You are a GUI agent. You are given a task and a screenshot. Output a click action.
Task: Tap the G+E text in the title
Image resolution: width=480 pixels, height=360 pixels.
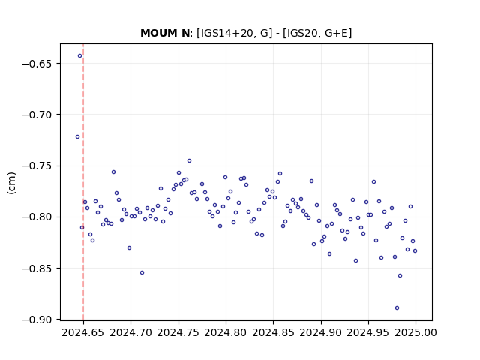pyautogui.click(x=337, y=33)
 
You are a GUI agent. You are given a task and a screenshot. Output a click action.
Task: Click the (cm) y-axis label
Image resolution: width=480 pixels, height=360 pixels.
pyautogui.click(x=12, y=183)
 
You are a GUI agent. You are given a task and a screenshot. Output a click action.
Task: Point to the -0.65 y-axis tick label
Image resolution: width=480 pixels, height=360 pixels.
pyautogui.click(x=39, y=64)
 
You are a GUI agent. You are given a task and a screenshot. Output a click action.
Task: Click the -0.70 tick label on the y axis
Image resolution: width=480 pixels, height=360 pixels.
pyautogui.click(x=39, y=115)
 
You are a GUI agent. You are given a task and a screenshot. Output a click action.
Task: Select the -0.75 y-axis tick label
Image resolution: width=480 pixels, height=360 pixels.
pyautogui.click(x=39, y=166)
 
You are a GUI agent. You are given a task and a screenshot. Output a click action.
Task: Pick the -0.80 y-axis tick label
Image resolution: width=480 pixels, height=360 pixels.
pyautogui.click(x=39, y=217)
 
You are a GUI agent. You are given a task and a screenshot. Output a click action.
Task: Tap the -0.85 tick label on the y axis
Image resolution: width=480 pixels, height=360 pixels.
pyautogui.click(x=39, y=268)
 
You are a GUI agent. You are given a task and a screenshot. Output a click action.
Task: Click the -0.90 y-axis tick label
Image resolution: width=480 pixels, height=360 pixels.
pyautogui.click(x=39, y=319)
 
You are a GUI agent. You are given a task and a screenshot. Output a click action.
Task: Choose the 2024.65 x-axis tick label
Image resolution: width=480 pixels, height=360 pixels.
pyautogui.click(x=83, y=332)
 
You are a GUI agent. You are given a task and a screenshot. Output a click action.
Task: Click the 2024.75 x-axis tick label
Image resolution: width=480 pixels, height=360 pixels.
pyautogui.click(x=178, y=332)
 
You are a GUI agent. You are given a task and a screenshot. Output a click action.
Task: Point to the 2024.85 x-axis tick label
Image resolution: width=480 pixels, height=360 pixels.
pyautogui.click(x=273, y=332)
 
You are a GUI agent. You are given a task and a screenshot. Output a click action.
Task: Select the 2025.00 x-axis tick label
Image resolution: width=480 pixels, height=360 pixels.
pyautogui.click(x=415, y=332)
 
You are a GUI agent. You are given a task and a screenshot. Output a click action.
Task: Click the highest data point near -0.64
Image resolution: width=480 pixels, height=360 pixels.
pyautogui.click(x=80, y=56)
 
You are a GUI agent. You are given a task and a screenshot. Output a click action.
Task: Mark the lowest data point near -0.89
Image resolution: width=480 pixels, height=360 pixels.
pyautogui.click(x=397, y=308)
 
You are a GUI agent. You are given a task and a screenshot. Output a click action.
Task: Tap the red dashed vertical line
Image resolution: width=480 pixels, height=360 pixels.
pyautogui.click(x=83, y=182)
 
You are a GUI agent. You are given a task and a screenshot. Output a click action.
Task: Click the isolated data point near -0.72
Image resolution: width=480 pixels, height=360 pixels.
pyautogui.click(x=77, y=136)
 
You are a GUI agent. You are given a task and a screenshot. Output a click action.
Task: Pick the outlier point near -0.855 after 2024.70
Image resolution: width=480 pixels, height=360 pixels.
pyautogui.click(x=142, y=273)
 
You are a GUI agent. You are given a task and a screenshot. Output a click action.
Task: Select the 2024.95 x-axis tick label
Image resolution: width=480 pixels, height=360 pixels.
pyautogui.click(x=368, y=332)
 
